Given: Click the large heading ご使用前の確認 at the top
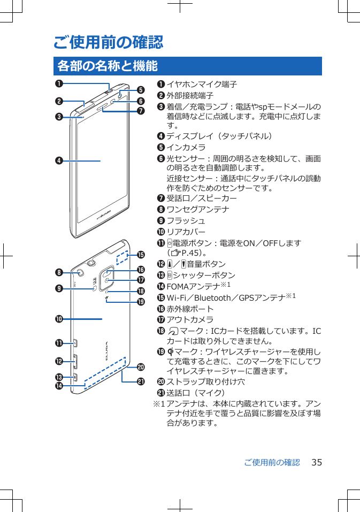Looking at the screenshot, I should click(108, 42).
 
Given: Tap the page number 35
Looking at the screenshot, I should click(317, 462).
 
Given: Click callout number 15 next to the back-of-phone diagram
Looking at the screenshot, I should click(142, 254).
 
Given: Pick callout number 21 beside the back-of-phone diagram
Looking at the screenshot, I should click(142, 381).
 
